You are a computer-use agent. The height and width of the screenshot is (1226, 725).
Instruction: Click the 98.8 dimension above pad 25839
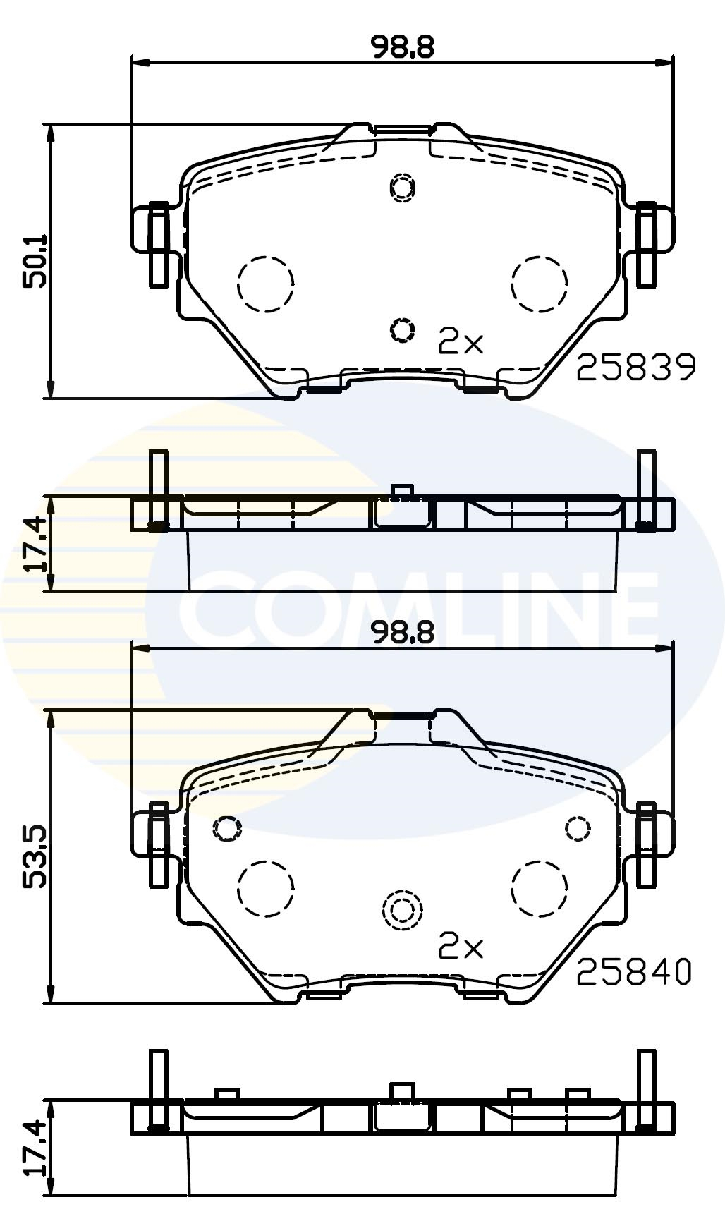[x=403, y=47]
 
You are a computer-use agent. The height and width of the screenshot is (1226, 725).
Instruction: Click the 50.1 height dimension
[x=35, y=260]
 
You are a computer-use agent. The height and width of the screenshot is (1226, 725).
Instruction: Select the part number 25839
[x=635, y=368]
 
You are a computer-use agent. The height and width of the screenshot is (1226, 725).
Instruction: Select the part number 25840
[x=634, y=973]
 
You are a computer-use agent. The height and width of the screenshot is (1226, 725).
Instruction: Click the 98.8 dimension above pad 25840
[x=403, y=633]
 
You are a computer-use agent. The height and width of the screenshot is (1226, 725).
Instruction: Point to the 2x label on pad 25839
[x=461, y=341]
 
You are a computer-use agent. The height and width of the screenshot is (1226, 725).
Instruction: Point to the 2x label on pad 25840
[x=461, y=947]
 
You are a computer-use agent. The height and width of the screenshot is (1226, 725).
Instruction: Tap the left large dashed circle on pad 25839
[x=265, y=283]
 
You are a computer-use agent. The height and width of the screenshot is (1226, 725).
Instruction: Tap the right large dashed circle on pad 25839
[x=540, y=283]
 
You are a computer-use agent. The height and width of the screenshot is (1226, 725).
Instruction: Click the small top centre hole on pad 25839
[x=403, y=187]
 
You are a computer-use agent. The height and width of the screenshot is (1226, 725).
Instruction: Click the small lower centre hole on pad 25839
[x=402, y=329]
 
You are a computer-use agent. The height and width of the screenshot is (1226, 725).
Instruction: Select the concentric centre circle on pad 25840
[x=402, y=910]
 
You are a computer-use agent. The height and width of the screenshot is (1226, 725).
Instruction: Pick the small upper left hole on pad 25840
[x=227, y=827]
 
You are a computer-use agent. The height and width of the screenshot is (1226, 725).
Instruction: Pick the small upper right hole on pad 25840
[x=578, y=827]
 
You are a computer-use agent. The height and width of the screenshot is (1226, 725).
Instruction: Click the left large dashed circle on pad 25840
[x=265, y=888]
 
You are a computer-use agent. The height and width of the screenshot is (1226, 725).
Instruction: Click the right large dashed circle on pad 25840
[x=540, y=888]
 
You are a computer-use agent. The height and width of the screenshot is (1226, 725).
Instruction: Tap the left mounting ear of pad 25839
[x=157, y=229]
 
